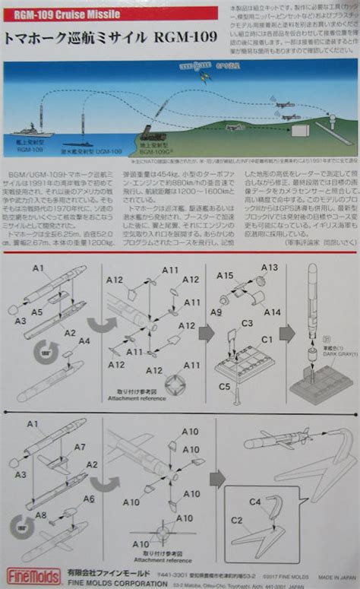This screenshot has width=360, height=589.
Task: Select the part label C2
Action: tap(237, 520)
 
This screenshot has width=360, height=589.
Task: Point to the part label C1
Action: tap(267, 339)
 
